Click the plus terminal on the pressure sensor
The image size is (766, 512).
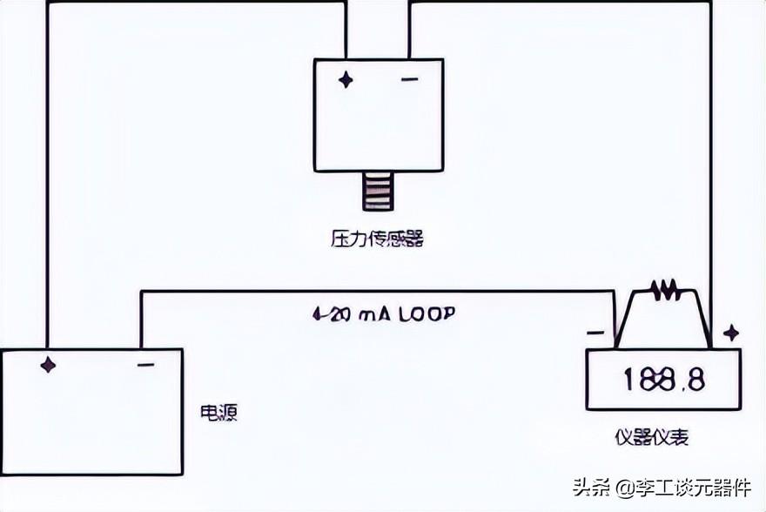346,80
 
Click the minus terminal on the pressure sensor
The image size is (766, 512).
409,80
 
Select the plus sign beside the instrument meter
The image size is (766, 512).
731,332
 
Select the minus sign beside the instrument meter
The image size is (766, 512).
595,333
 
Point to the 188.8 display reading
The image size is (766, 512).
664,380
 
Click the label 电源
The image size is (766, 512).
218,411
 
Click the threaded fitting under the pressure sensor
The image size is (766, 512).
378,192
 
